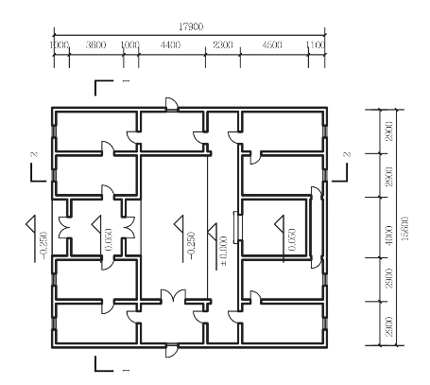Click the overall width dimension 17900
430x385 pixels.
coord(191,26)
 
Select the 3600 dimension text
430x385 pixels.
coord(95,44)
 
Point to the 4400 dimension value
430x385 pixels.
coord(170,44)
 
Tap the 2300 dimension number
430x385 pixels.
coord(223,44)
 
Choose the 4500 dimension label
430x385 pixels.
coord(272,44)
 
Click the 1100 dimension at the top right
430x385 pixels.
coord(316,44)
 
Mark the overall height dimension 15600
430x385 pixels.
coord(405,228)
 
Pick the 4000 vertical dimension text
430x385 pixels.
coord(389,236)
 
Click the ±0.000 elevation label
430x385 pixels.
coord(223,251)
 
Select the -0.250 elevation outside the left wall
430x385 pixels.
coord(43,245)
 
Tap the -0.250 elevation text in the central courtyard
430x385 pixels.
coord(192,245)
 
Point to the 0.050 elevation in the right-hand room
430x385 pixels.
coord(292,239)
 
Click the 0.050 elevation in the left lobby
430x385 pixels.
coord(109,239)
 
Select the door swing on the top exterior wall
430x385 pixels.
coord(172,103)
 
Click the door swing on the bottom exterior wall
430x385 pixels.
coord(172,351)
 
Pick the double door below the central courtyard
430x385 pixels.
coord(173,296)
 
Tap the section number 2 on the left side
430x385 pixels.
coord(35,154)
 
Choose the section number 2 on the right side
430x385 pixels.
coord(347,154)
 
